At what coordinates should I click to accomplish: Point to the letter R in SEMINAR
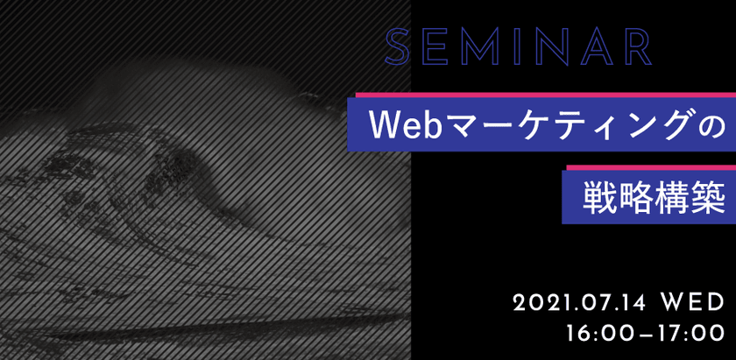click(635, 48)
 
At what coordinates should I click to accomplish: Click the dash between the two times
click(645, 335)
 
